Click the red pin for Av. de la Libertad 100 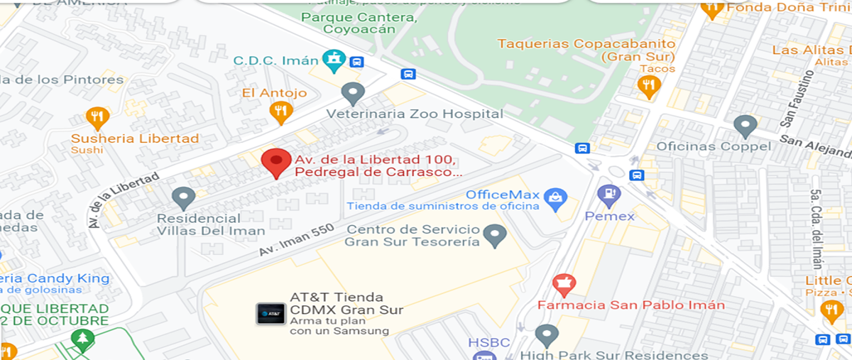click(275, 161)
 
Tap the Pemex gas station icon click(608, 194)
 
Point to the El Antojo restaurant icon click(281, 111)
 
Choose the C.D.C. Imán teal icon click(332, 60)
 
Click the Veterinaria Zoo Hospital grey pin click(353, 92)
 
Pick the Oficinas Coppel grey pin click(745, 126)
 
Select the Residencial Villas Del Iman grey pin click(183, 197)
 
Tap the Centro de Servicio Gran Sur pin click(494, 233)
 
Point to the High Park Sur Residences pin click(547, 334)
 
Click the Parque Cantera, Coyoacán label click(358, 23)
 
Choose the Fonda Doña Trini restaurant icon click(712, 9)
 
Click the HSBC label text click(489, 343)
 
